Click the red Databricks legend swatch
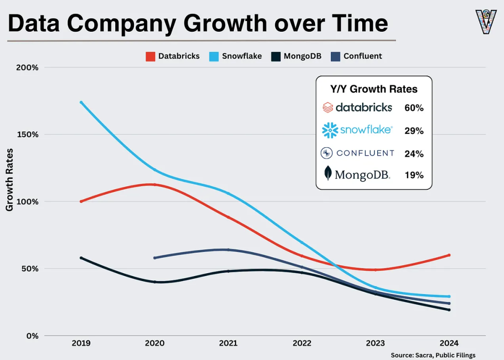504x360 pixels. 150,56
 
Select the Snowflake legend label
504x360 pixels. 242,56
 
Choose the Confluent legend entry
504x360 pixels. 363,56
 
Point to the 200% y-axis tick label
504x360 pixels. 28,67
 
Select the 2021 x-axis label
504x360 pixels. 228,343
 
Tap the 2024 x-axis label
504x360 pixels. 449,343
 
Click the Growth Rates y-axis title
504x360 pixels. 9,180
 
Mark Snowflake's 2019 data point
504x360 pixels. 81,102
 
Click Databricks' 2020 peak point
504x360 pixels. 154,185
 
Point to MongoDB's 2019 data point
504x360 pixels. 81,258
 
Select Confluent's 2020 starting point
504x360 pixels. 154,258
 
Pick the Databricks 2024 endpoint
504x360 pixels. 449,255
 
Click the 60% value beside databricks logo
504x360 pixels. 414,108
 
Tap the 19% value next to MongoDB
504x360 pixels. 414,175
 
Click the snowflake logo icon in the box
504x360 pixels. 330,131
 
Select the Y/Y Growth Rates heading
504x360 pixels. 374,89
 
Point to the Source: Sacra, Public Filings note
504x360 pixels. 433,355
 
